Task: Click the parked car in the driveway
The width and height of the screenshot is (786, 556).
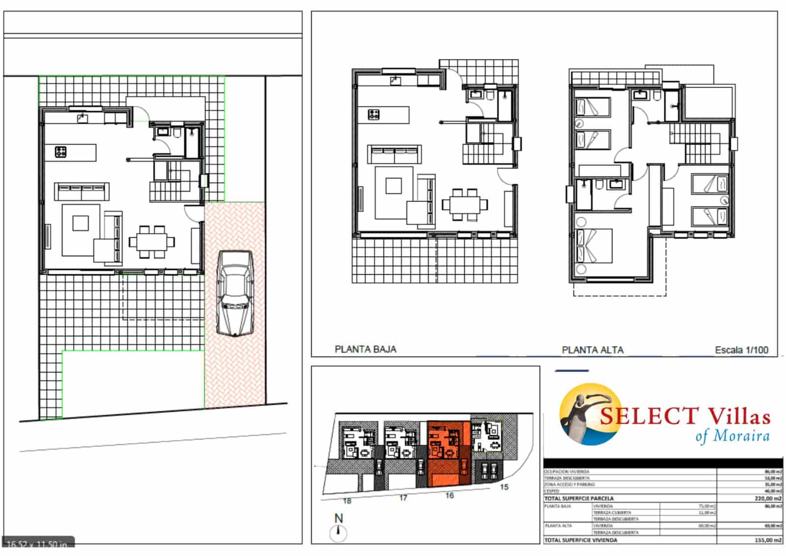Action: coord(236,293)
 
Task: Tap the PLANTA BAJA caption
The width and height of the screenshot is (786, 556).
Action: coord(365,349)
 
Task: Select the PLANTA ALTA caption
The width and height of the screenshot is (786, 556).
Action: coord(592,350)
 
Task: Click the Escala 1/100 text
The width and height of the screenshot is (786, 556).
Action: coord(741,350)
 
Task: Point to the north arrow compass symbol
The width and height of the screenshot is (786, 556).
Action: coord(338,532)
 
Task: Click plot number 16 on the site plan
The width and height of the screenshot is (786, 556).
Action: coord(449,496)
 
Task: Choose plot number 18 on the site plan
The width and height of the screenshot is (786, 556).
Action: coord(347,501)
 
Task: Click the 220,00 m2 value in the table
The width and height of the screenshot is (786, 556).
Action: coord(768,498)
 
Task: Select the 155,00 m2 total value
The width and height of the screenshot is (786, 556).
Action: coord(768,540)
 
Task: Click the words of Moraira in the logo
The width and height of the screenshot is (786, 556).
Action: coord(732,436)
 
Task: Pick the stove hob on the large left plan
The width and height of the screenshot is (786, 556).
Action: coord(61,152)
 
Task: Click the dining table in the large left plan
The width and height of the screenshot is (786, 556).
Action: coord(151,241)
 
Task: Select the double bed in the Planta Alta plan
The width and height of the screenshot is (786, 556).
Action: coord(594,246)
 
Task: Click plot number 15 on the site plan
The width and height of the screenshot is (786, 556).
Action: coord(504,487)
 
